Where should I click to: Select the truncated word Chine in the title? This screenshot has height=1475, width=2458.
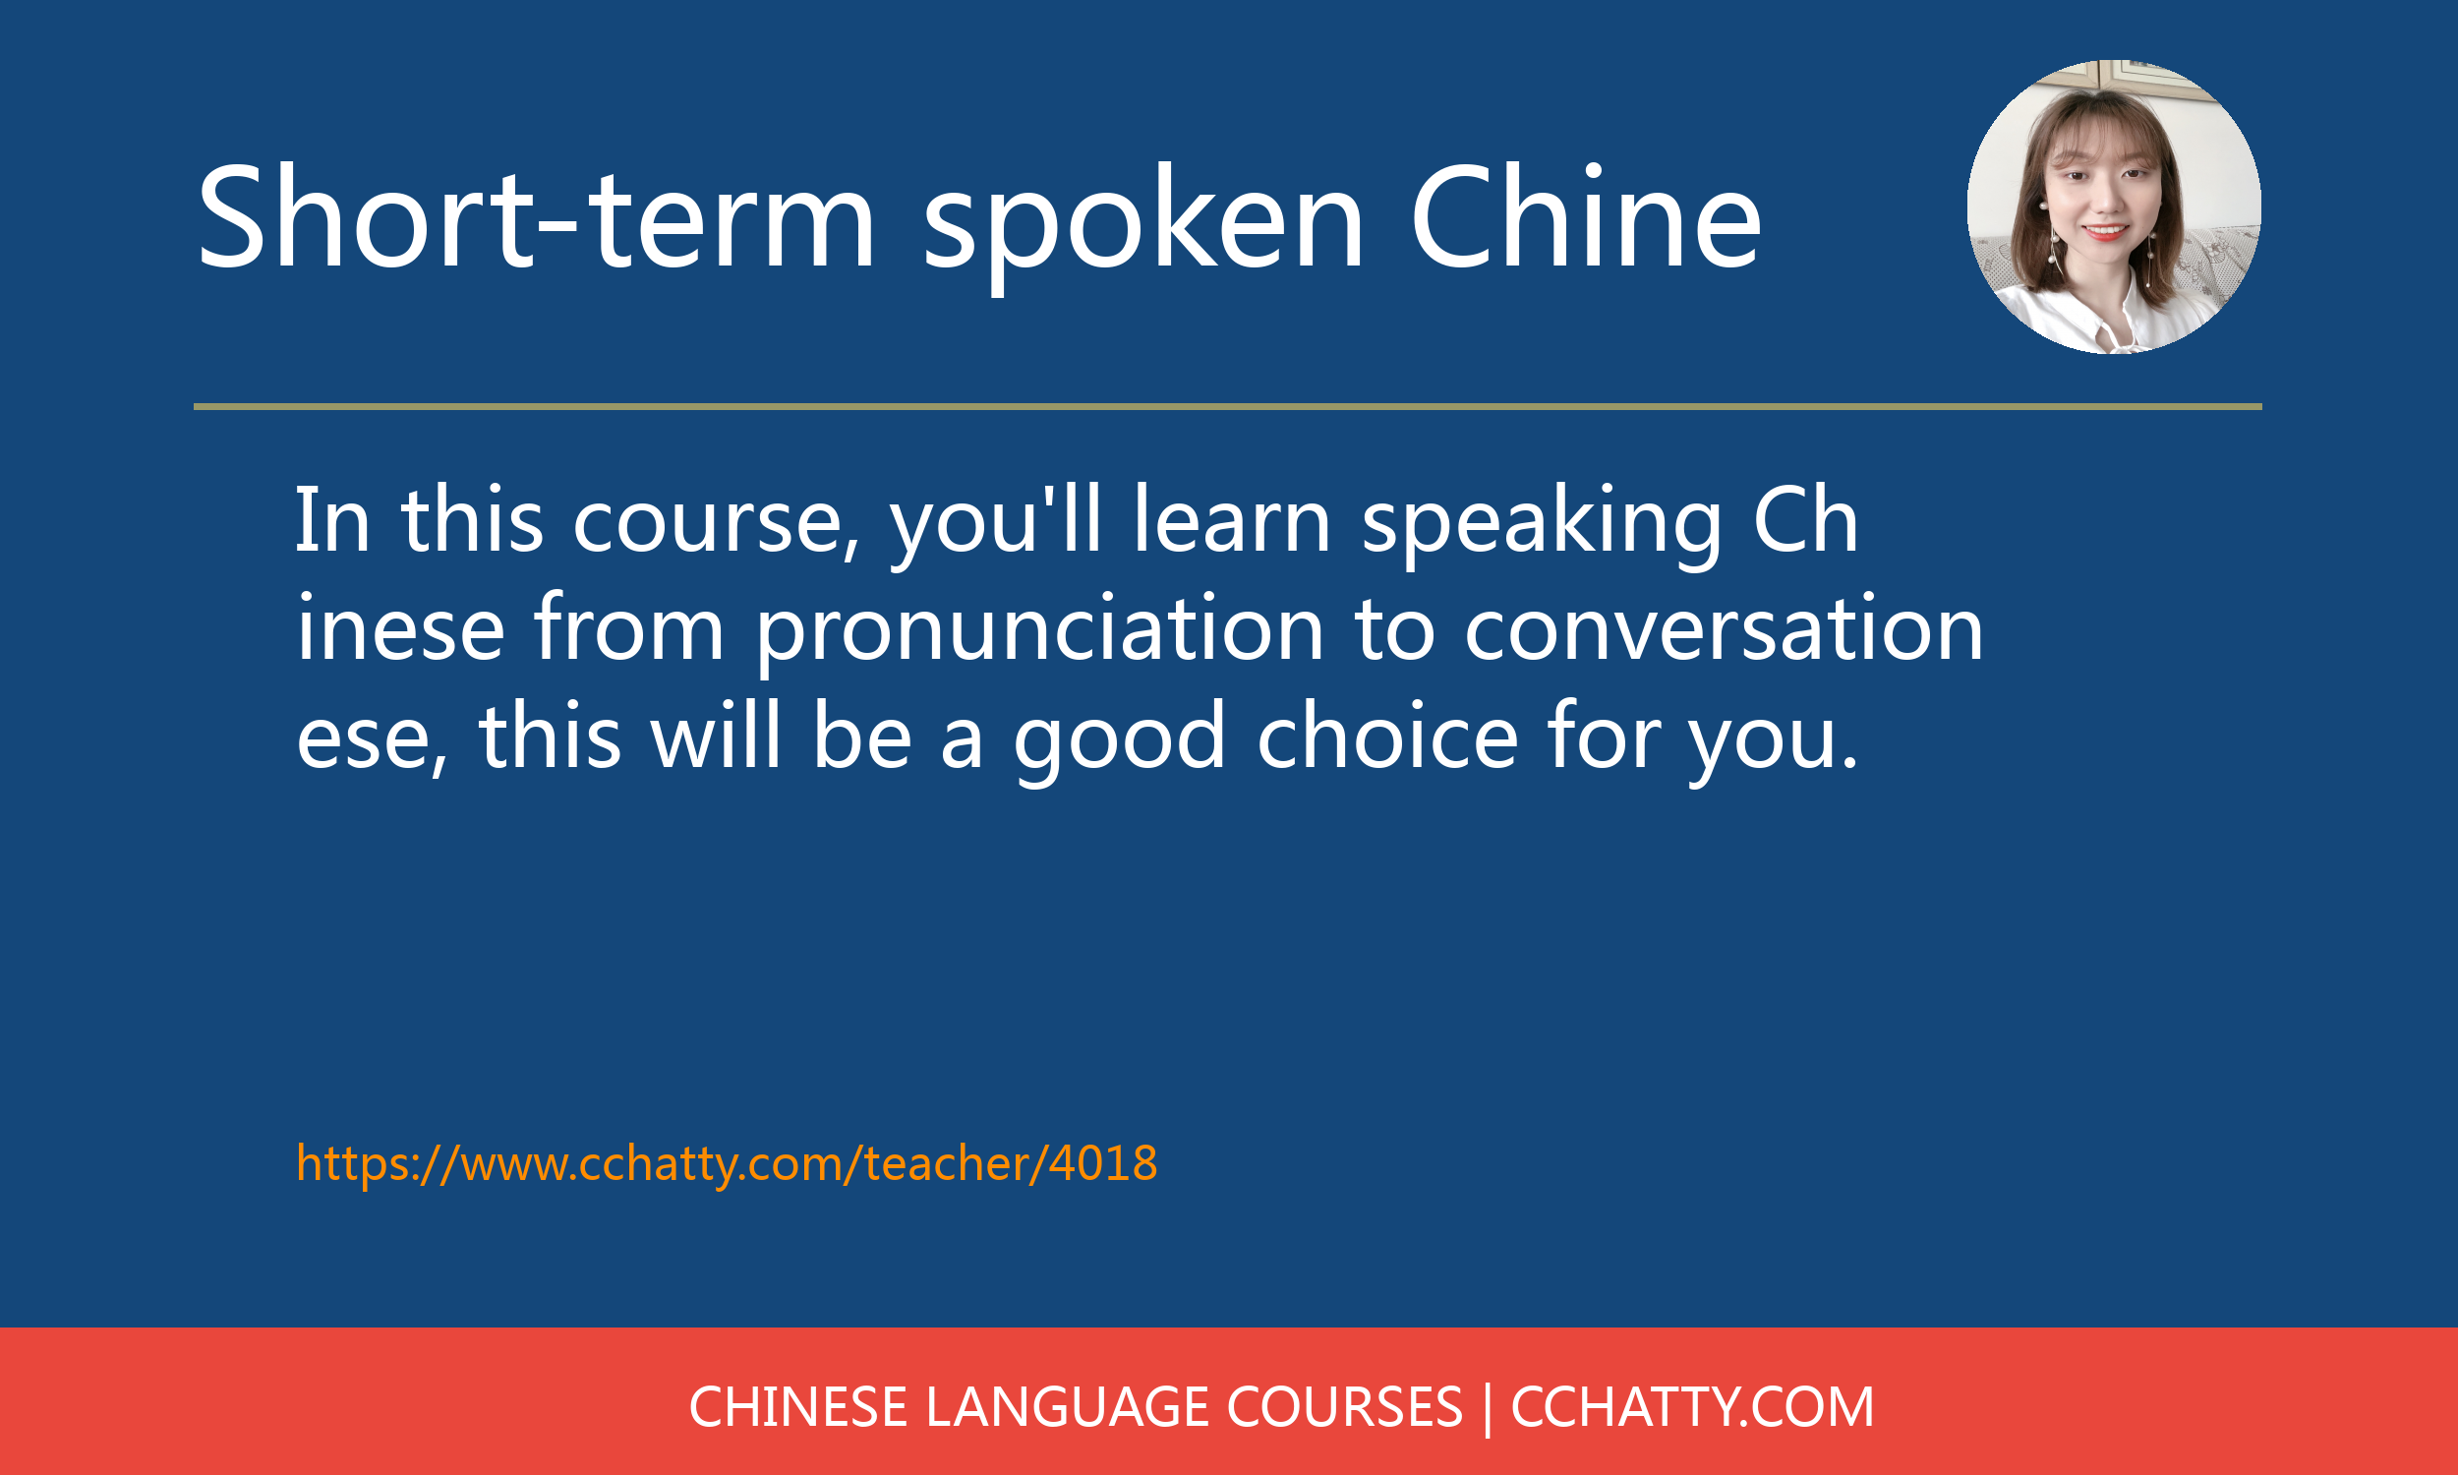(1586, 215)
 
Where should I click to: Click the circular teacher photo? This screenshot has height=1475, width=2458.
(2114, 206)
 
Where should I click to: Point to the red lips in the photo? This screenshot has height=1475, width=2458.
(2105, 232)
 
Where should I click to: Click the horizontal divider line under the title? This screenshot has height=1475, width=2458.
(1228, 406)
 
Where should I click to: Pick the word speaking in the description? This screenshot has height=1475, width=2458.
(1541, 526)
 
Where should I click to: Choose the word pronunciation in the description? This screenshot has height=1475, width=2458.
(1040, 632)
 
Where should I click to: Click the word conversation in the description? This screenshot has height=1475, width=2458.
(1724, 628)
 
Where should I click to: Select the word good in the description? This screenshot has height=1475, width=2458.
(1120, 741)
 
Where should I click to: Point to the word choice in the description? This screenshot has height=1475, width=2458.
(1388, 737)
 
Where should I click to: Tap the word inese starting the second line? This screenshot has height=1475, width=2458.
(400, 628)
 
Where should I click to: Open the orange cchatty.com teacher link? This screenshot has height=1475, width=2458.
(728, 1163)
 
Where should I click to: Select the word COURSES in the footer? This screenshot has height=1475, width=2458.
(1344, 1406)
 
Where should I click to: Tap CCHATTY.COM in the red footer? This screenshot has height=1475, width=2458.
(1692, 1406)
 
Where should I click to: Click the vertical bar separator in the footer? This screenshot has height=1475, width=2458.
(1487, 1408)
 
